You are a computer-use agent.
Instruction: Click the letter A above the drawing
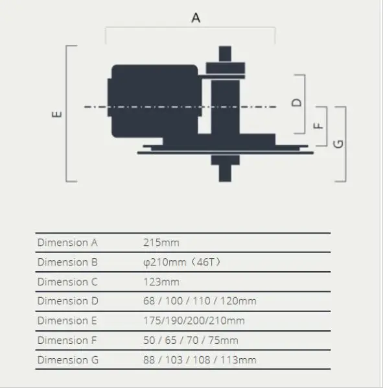196,18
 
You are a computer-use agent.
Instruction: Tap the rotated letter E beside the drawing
57,114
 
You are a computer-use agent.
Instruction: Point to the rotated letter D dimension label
297,103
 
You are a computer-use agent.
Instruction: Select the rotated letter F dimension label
318,126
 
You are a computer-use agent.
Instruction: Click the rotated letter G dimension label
338,144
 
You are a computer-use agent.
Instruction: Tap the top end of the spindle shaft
225,47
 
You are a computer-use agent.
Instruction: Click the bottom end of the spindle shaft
225,181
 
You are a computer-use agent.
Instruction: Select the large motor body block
155,101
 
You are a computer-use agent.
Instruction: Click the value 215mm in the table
161,243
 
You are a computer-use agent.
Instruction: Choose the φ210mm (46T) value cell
182,262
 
